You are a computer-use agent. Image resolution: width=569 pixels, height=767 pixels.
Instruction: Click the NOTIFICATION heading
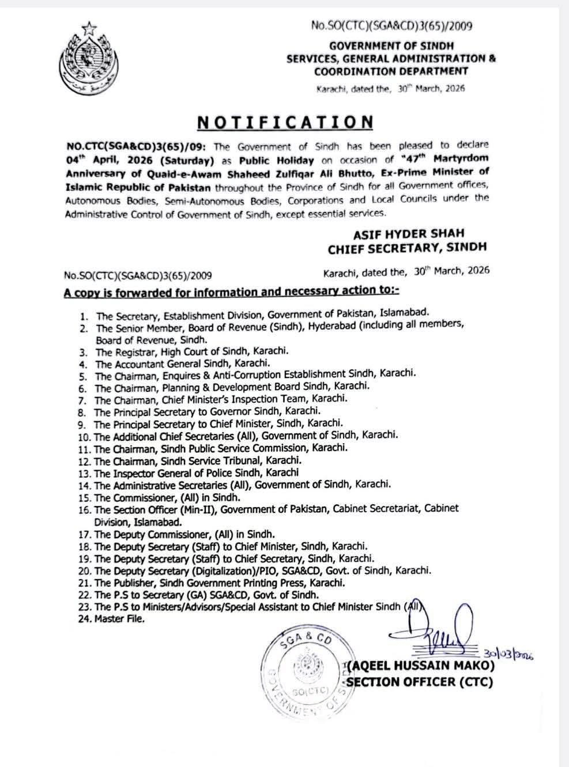click(285, 122)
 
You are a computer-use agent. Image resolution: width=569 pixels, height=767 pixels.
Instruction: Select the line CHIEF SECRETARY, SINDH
click(407, 248)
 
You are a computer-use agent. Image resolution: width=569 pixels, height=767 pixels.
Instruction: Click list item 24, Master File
click(120, 619)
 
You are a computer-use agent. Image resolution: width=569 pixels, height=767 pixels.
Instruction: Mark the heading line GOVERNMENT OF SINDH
click(391, 45)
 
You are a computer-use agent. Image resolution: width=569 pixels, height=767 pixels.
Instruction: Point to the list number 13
click(85, 473)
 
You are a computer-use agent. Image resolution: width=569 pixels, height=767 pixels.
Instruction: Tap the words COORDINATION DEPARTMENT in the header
click(391, 71)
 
